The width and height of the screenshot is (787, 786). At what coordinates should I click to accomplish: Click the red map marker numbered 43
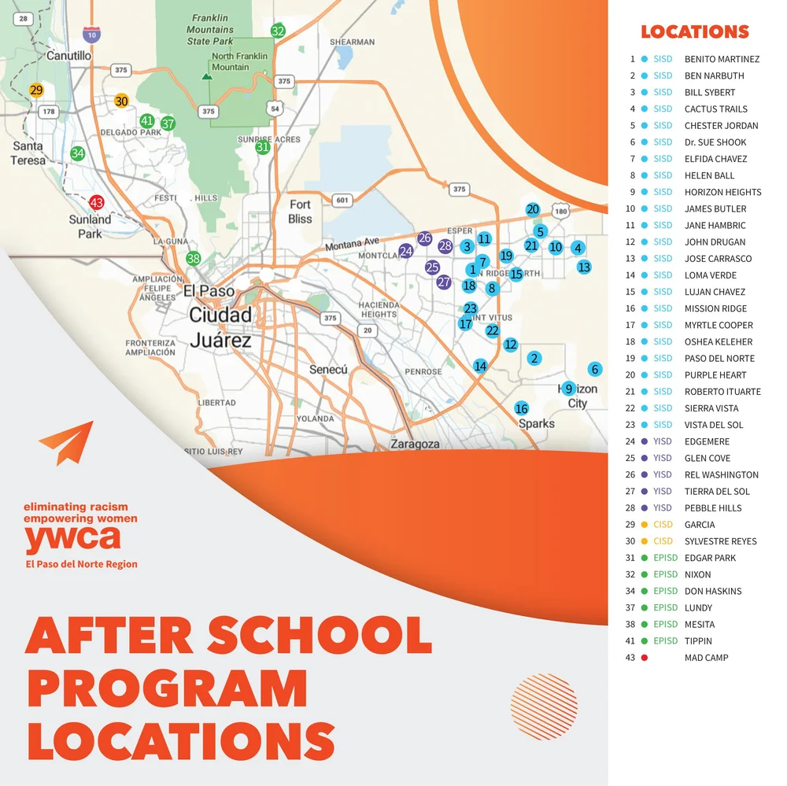pos(97,202)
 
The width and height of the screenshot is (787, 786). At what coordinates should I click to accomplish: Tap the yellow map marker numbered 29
pos(36,90)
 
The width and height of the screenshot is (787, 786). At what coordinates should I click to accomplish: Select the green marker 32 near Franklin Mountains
pos(278,31)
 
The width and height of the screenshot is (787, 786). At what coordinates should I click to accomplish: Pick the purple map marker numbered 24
pos(406,251)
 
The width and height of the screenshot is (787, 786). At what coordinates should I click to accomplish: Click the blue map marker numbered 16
pos(521,408)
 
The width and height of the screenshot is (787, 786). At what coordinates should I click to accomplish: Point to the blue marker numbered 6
pos(595,370)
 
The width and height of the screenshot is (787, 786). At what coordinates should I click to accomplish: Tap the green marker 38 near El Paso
pos(194,258)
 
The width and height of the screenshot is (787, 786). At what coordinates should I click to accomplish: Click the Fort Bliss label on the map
pos(300,212)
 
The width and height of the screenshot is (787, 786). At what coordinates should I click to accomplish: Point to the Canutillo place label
pos(68,56)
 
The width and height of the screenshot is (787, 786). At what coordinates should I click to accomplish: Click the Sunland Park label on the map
pos(90,227)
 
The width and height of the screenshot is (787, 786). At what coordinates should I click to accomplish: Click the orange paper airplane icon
pos(67,442)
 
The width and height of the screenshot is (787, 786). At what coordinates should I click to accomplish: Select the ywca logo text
pos(72,539)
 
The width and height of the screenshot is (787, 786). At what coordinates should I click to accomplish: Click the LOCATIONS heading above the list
pos(694,32)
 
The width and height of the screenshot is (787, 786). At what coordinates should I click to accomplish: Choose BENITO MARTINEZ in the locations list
pos(722,59)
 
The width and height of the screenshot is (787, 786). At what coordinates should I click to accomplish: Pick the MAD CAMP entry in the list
pos(706,658)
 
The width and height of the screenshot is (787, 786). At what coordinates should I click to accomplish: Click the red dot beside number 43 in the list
pos(645,658)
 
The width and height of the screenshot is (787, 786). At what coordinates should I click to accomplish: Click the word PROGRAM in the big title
pos(167,687)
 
